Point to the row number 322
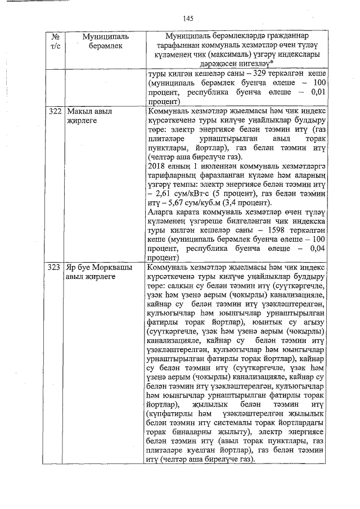point(55,111)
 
